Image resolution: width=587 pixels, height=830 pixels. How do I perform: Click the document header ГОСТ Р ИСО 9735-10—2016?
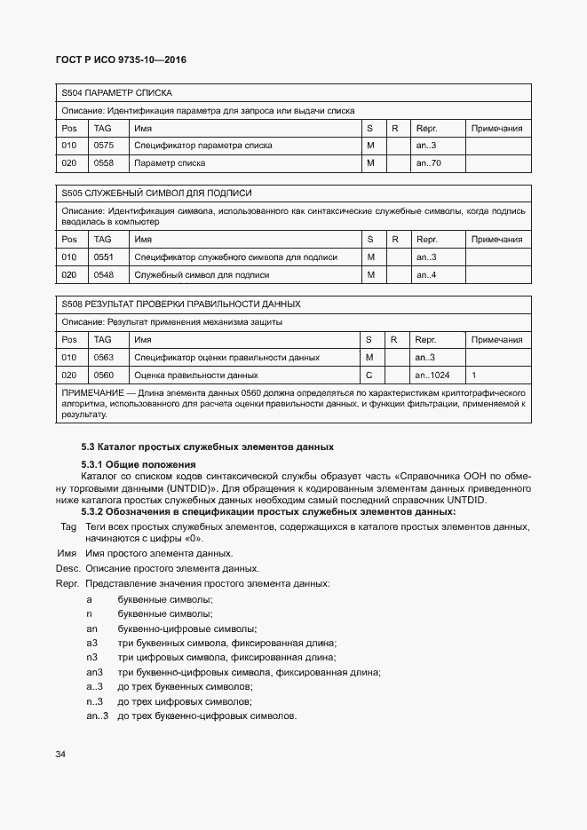tap(121, 60)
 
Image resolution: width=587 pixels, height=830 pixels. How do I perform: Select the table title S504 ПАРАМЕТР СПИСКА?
tap(116, 92)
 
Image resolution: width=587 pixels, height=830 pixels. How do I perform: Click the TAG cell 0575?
tap(104, 145)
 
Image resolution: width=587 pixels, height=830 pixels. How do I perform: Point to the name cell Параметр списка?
tap(170, 163)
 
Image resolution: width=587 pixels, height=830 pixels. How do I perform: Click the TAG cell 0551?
tap(104, 257)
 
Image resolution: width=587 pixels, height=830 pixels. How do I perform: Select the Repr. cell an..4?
tap(426, 275)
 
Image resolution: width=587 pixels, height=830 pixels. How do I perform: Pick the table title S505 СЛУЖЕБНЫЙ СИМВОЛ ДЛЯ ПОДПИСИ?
tap(156, 193)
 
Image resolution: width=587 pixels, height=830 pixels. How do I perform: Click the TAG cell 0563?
tap(104, 357)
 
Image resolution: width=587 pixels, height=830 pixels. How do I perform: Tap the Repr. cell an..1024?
tap(433, 375)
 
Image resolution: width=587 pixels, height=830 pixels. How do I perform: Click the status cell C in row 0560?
tap(369, 375)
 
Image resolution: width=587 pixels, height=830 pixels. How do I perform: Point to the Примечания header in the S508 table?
tap(496, 339)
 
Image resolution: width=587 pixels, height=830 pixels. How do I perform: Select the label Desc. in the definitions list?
tap(67, 568)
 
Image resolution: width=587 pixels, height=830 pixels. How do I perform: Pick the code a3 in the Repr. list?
tap(91, 643)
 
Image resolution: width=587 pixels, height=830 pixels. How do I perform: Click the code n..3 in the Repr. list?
tap(95, 701)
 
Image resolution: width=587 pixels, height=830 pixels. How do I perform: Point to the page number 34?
tap(60, 754)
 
